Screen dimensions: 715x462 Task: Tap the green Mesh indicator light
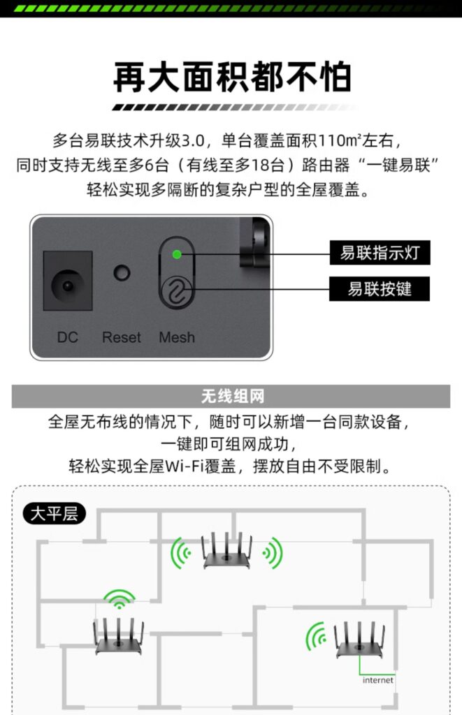177,254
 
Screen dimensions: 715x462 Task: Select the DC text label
68,337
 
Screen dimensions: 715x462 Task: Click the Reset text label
122,337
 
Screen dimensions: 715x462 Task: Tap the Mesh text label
177,337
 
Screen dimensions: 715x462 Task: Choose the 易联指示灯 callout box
380,253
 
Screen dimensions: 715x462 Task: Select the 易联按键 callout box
380,288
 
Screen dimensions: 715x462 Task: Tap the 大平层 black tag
54,515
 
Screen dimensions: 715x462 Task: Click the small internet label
377,680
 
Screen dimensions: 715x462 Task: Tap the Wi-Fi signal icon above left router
120,598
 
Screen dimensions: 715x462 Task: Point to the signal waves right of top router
273,553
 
